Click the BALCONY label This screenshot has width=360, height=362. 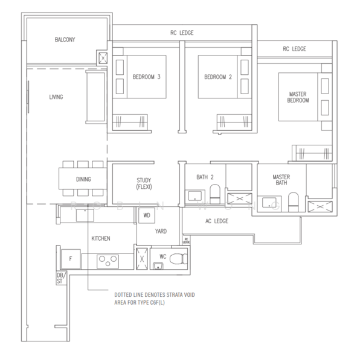point(65,40)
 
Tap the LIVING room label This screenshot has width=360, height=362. point(56,97)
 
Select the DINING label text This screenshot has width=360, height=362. point(83,179)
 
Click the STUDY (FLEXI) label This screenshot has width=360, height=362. point(143,183)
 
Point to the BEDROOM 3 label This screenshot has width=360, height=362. point(146,77)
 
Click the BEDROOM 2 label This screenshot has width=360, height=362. point(218,77)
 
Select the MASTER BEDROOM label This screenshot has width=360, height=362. point(297,96)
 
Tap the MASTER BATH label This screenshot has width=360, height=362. point(281,180)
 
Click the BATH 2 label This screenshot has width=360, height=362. point(205,177)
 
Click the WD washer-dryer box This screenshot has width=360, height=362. point(146,215)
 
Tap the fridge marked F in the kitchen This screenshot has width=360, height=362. point(71,259)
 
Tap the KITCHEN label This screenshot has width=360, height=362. point(101,239)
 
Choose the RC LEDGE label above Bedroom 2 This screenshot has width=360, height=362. point(182,33)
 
